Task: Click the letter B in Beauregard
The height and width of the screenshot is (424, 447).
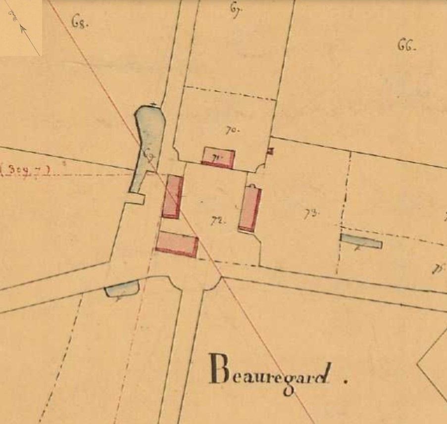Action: coord(218,370)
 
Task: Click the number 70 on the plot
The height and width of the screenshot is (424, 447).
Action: coord(231,131)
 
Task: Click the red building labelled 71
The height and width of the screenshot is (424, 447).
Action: coord(218,157)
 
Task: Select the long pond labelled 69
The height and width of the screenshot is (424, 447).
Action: coord(148,143)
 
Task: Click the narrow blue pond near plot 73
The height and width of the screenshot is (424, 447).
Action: coord(361,241)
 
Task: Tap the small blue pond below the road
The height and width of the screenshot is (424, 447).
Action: coord(122,288)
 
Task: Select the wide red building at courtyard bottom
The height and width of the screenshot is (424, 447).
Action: coord(177,244)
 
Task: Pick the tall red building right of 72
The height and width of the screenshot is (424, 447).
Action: coord(250,208)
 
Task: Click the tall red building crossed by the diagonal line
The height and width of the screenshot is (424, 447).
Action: coord(173,196)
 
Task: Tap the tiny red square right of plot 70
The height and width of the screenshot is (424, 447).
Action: coord(270,151)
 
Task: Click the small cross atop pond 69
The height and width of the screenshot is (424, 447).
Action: coord(155,104)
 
